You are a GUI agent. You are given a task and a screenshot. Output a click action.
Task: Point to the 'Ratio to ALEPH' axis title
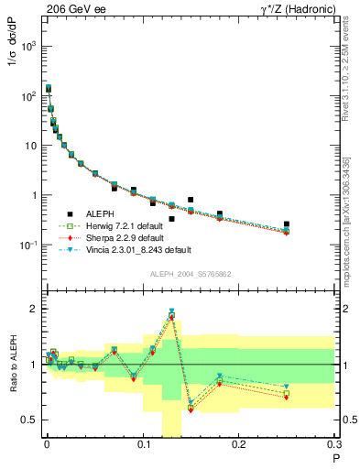pos(13,364)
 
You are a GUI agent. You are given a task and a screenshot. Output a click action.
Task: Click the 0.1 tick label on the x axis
pos(143,448)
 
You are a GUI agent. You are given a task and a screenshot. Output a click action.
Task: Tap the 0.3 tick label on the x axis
pos(335,448)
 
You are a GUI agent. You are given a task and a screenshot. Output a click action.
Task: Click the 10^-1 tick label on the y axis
pos(27,245)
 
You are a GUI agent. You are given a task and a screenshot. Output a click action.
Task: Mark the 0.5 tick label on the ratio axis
pos(29,420)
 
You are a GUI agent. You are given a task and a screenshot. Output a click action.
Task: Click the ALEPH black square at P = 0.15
pos(191,200)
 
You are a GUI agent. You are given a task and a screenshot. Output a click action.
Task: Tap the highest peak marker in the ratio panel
pos(171,311)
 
